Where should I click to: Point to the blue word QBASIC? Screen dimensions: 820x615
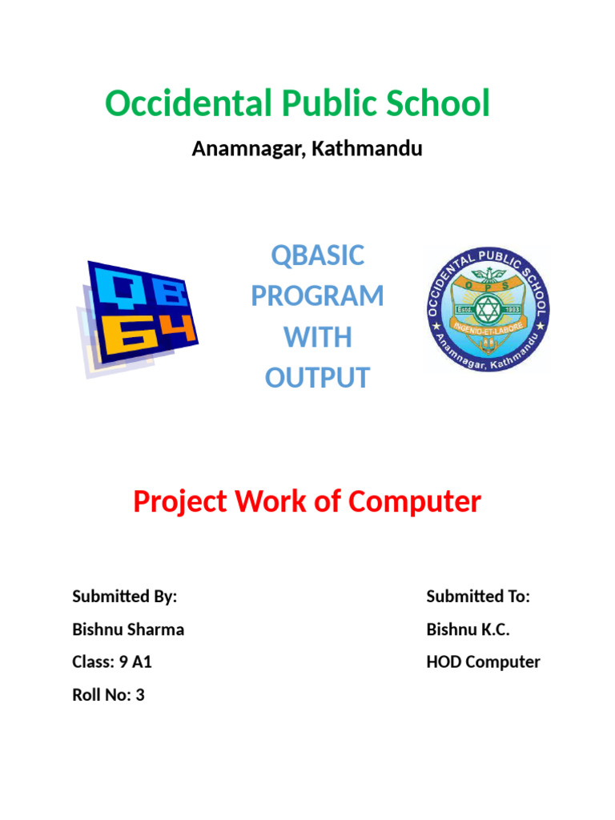(318, 256)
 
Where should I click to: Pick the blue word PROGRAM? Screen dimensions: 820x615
(318, 296)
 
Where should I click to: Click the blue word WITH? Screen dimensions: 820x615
(318, 337)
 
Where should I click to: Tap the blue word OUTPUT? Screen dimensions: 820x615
(318, 378)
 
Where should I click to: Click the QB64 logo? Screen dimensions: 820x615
(138, 318)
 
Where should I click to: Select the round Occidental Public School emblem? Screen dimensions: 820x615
(487, 309)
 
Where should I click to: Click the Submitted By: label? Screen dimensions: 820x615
(124, 597)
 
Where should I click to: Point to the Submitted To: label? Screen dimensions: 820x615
(478, 597)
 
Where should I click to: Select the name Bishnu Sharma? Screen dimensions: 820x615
(128, 629)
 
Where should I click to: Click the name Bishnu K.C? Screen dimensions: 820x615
(468, 629)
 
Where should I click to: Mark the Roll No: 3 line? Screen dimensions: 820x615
(108, 695)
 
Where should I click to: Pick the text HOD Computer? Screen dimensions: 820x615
(483, 662)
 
